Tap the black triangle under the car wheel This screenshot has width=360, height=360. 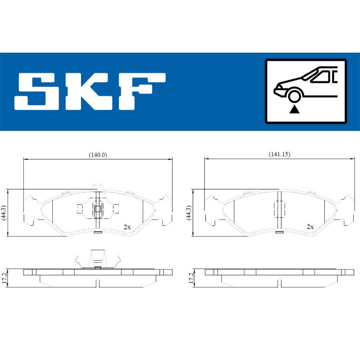coord(294,108)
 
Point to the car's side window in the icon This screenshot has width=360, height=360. coord(320,77)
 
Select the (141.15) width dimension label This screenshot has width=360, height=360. coord(279,154)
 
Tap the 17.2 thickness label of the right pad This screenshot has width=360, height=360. coord(190,276)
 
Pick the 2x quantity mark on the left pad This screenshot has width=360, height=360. coord(127,227)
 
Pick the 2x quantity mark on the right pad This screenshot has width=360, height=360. coord(310,227)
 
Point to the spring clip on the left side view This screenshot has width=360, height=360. coord(98,261)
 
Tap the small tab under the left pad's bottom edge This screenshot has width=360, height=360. coord(98,232)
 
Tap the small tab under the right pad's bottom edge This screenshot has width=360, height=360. coord(279,232)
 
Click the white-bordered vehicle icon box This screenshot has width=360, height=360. coord(306,91)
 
